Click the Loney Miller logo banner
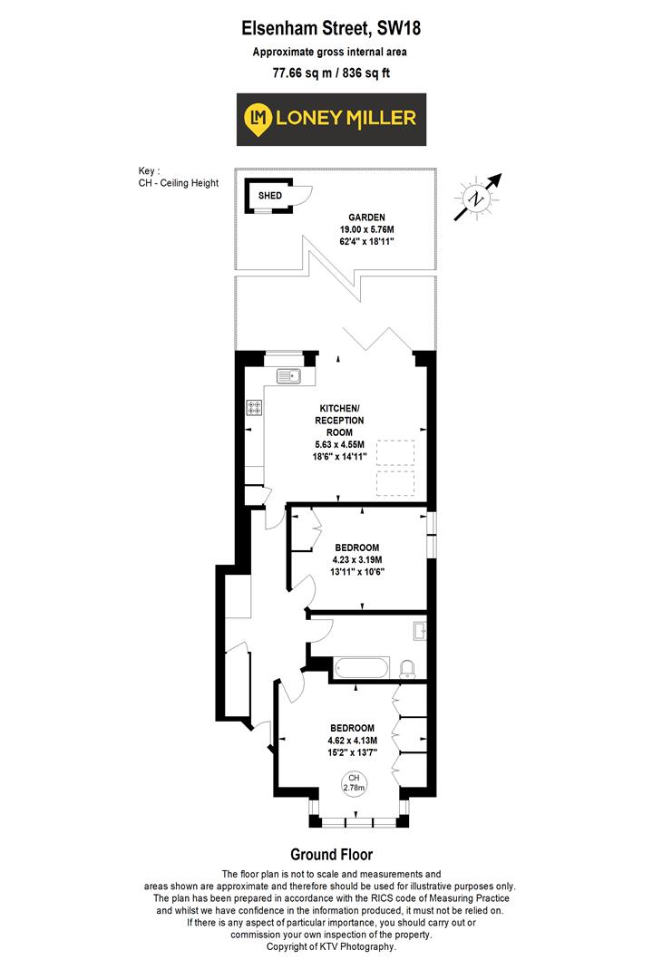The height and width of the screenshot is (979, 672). click(x=332, y=120)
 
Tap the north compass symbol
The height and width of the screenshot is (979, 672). click(x=476, y=196)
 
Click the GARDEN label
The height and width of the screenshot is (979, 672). click(x=367, y=218)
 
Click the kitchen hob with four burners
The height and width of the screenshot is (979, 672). click(x=253, y=408)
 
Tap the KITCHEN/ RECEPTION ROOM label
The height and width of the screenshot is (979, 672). click(x=341, y=421)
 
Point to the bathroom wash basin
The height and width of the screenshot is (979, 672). click(x=419, y=628)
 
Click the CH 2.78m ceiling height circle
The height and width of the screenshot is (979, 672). click(x=353, y=783)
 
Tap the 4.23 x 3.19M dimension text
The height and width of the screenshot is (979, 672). click(x=359, y=560)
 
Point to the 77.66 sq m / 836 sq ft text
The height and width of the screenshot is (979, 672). click(x=332, y=74)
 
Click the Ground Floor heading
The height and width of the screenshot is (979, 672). click(x=331, y=854)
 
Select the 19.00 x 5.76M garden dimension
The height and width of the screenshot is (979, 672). click(x=367, y=230)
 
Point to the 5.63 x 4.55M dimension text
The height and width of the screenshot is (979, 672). click(x=341, y=445)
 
